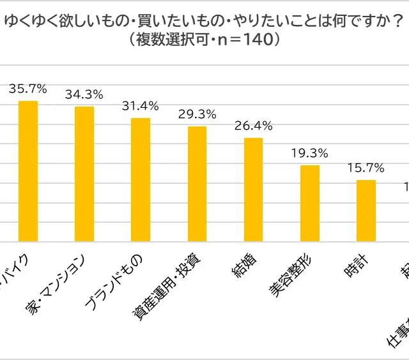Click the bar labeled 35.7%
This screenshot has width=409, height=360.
[x=28, y=171]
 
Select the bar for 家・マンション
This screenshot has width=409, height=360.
[x=84, y=174]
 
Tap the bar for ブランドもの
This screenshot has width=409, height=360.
[x=141, y=180]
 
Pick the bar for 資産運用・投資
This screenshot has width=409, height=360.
[x=197, y=184]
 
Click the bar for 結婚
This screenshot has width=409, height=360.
[x=253, y=190]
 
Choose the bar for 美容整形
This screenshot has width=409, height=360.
[x=310, y=204]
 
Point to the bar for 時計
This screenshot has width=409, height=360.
[x=366, y=211]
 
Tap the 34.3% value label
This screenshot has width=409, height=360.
[x=84, y=94]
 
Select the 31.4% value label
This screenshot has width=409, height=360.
[x=141, y=106]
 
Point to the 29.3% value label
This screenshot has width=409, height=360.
[x=197, y=114]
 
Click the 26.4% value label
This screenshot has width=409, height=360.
[x=253, y=126]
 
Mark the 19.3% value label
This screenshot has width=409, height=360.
[x=310, y=153]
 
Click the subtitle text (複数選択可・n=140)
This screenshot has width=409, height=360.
[x=204, y=40]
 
